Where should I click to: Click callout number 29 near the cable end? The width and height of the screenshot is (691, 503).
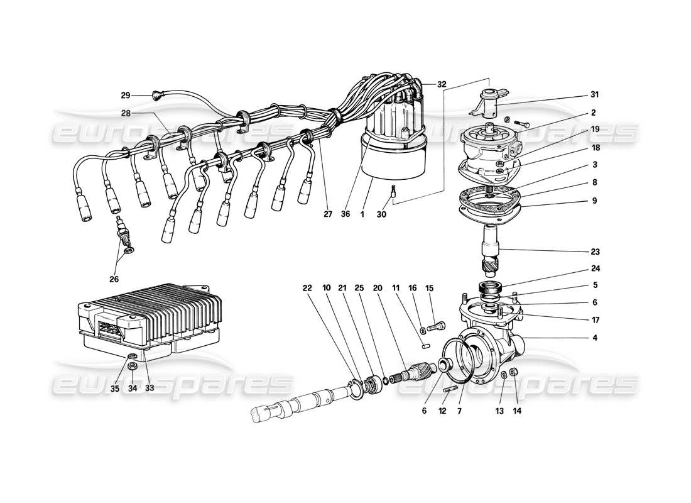(126, 96)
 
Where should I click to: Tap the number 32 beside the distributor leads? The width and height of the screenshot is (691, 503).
(425, 83)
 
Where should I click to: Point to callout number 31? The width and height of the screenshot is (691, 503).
(594, 95)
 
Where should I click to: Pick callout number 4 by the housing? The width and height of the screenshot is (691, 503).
(594, 338)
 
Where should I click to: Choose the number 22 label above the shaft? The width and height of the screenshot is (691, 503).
(307, 288)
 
